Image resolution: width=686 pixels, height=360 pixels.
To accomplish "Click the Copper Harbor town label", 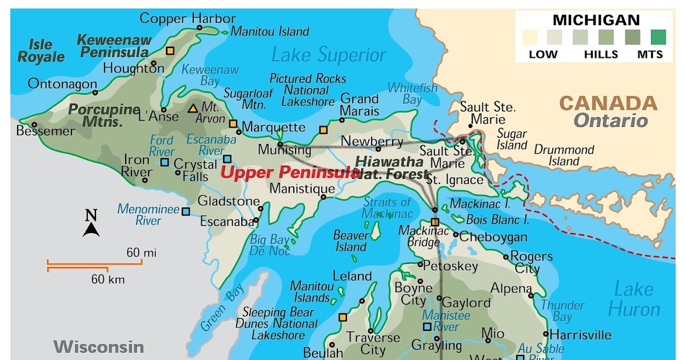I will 188,18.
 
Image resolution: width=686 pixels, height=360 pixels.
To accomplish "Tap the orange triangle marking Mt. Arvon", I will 193,108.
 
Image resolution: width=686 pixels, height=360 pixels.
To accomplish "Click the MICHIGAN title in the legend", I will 596,21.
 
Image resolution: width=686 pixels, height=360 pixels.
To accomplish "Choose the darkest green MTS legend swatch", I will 658,38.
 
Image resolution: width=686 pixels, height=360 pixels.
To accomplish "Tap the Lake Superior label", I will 329,55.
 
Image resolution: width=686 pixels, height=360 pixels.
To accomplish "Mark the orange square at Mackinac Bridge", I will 435,222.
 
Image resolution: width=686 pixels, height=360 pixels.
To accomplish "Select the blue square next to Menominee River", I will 186,211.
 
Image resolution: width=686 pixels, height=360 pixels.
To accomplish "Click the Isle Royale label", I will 41,51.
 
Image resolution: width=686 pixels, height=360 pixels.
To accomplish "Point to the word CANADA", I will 608,103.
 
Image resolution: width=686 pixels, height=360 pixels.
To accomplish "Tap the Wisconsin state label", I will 98,346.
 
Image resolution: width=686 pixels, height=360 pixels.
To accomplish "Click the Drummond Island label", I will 564,155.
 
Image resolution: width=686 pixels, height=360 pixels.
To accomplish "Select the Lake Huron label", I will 634,299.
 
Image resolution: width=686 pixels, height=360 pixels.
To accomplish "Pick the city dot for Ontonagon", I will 95,93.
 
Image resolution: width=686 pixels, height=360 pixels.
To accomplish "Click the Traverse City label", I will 373,343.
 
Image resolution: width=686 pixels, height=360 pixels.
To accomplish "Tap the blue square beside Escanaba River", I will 228,159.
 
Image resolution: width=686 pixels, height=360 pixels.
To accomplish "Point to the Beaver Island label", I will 350,241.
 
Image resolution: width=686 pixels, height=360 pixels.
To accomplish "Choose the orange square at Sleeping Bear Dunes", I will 343,317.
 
